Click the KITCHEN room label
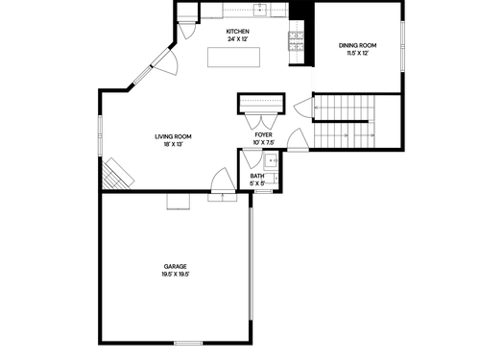[237, 32]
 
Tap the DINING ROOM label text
[357, 45]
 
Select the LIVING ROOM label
[173, 136]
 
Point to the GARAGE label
[176, 266]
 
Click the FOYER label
[264, 135]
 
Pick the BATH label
[257, 176]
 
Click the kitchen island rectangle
[233, 58]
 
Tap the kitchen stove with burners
[297, 41]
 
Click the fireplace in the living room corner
[117, 174]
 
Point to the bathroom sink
[272, 161]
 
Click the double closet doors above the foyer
[261, 121]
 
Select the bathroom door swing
[252, 158]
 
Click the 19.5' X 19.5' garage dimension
[176, 275]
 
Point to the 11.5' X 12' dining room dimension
[357, 54]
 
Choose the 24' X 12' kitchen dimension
[237, 39]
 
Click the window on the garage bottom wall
[188, 343]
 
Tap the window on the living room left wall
[100, 136]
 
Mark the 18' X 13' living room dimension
[173, 145]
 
